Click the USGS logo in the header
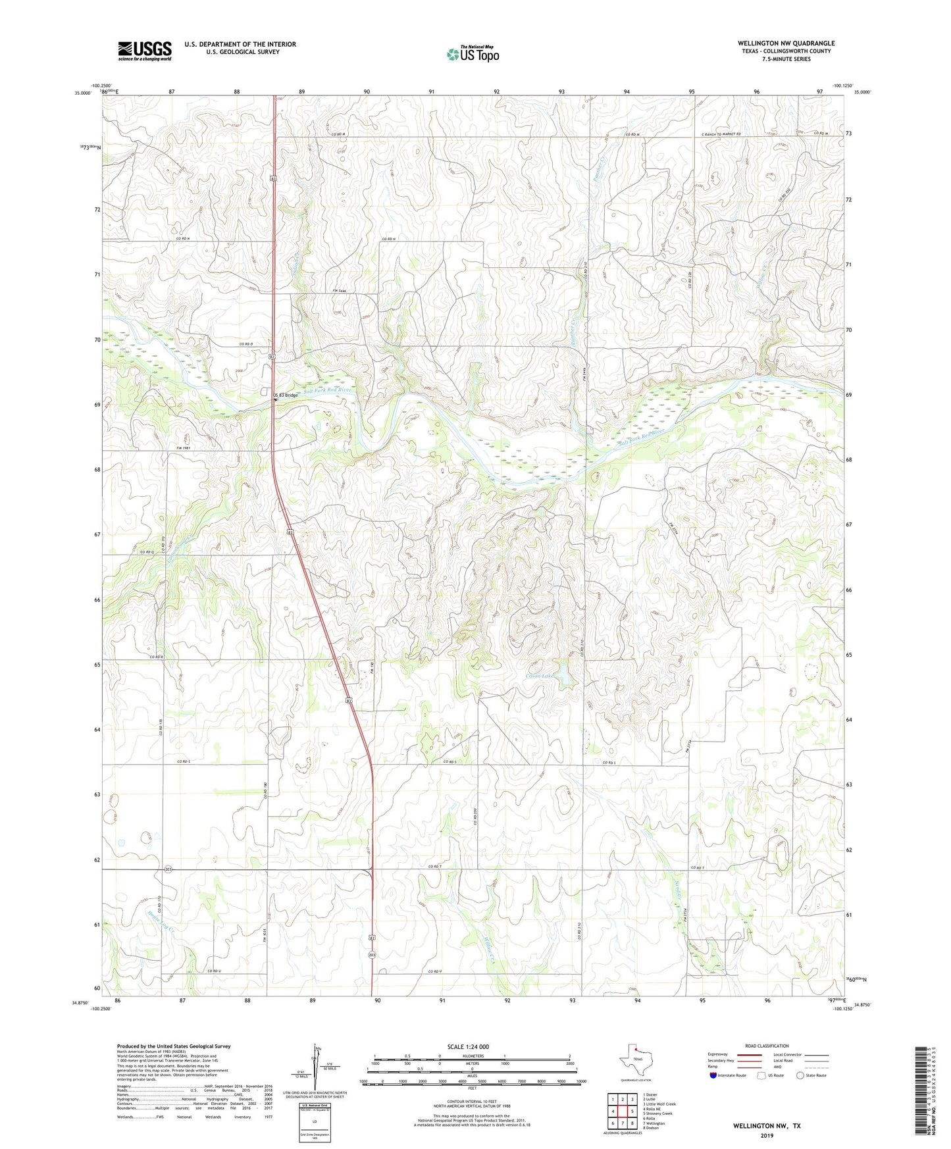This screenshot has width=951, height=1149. coord(145,51)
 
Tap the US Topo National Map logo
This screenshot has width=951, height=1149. coord(473,54)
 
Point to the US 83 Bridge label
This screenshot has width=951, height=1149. coord(286,395)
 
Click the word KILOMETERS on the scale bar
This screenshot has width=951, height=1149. coord(471,1056)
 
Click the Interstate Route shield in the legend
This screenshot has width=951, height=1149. coord(715,1075)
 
